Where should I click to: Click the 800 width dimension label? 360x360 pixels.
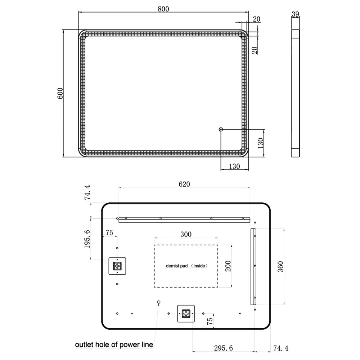[163, 9]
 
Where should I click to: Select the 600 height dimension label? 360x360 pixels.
[60, 93]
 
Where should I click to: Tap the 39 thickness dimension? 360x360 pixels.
[295, 14]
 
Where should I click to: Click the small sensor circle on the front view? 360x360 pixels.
[221, 130]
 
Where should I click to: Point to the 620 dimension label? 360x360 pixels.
[184, 184]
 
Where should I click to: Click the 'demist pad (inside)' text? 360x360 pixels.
[186, 266]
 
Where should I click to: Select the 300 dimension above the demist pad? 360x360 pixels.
[186, 234]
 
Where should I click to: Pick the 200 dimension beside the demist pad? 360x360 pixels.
[228, 266]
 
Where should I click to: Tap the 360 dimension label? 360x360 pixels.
[280, 266]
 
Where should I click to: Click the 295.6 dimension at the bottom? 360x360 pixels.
[224, 348]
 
